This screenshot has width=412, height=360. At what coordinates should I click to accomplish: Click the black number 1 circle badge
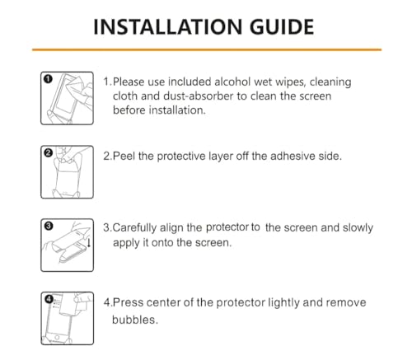pyautogui.click(x=48, y=79)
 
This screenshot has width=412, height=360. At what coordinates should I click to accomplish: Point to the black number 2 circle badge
pyautogui.click(x=48, y=153)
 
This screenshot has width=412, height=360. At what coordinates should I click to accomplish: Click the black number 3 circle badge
pyautogui.click(x=48, y=225)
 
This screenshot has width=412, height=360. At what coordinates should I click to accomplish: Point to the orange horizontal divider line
pyautogui.click(x=206, y=50)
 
